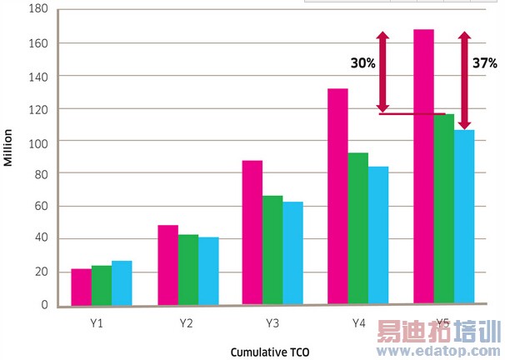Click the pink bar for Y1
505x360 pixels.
(81, 287)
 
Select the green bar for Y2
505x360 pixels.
(188, 270)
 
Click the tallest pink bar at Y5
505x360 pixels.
(423, 167)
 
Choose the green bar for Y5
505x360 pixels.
(444, 209)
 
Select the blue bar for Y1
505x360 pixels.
(122, 283)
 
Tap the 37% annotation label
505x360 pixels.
(485, 62)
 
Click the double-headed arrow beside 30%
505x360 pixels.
(382, 72)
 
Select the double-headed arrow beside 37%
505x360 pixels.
(465, 80)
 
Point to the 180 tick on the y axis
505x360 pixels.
(38, 9)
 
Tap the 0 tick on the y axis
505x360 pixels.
(44, 305)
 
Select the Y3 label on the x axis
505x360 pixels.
(272, 321)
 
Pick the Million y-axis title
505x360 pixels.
(9, 147)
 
